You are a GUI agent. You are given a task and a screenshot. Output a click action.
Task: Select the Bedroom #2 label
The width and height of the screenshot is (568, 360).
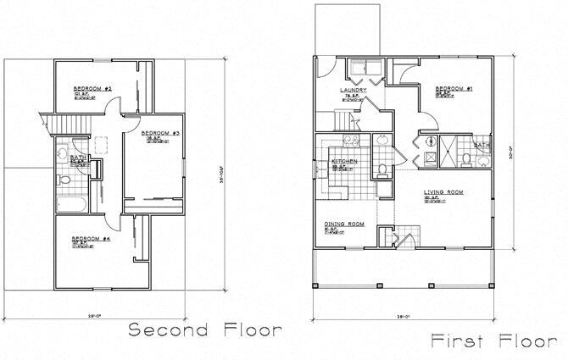click(x=94, y=89)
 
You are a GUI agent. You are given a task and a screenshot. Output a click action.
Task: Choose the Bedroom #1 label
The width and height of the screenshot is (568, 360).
click(x=454, y=89)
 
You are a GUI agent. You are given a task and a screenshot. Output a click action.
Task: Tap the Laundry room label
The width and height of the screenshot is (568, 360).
click(x=353, y=91)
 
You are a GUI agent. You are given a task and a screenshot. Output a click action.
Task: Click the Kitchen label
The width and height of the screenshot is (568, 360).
click(x=343, y=161)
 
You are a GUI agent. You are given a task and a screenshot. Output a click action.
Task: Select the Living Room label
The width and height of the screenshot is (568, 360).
click(x=443, y=193)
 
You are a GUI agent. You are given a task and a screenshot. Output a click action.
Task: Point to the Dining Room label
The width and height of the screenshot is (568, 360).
click(x=344, y=224)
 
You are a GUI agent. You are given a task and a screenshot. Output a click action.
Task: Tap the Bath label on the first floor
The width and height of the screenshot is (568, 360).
click(x=482, y=145)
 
